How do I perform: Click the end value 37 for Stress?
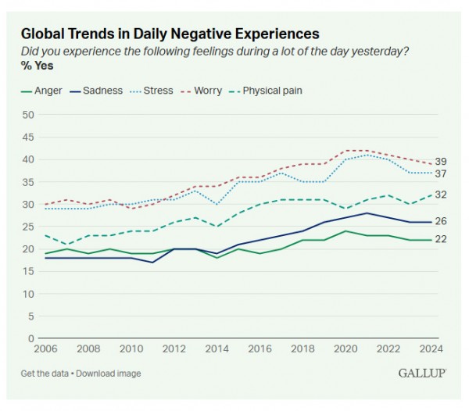click(x=441, y=173)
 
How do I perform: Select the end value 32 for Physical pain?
click(x=441, y=195)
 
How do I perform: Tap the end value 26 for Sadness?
click(x=441, y=222)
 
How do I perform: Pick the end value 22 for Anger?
click(x=441, y=239)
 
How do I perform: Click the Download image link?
click(x=112, y=373)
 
